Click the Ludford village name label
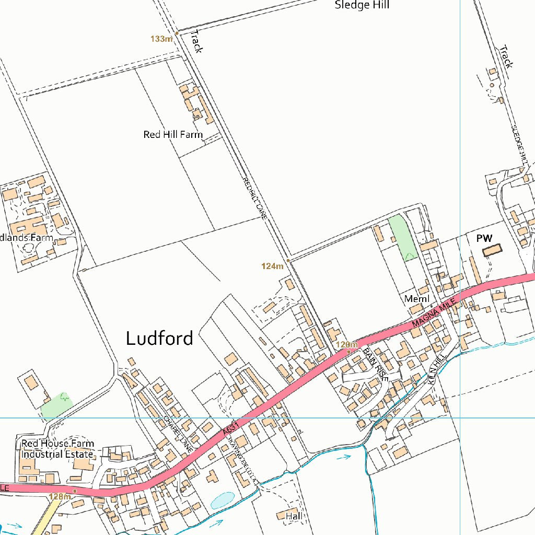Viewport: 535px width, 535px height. (x=159, y=338)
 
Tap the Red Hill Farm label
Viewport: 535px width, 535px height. (x=173, y=134)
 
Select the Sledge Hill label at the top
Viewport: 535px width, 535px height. (x=362, y=6)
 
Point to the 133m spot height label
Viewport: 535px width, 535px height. (x=161, y=39)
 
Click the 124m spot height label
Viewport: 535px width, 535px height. (x=272, y=266)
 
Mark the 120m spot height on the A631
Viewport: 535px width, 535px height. (x=346, y=344)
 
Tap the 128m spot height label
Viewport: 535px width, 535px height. (x=59, y=496)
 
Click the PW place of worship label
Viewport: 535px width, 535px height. (x=484, y=238)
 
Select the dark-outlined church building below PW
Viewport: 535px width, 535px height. (x=491, y=250)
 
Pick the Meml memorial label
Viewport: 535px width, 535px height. (x=417, y=299)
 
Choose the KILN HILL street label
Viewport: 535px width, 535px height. (x=435, y=369)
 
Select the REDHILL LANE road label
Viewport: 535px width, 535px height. (x=254, y=197)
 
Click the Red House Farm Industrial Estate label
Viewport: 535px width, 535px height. (x=57, y=449)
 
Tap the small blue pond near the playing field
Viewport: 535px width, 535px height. (x=223, y=500)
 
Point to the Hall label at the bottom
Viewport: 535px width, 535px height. (x=294, y=516)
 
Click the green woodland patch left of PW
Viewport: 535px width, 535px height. (x=401, y=237)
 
